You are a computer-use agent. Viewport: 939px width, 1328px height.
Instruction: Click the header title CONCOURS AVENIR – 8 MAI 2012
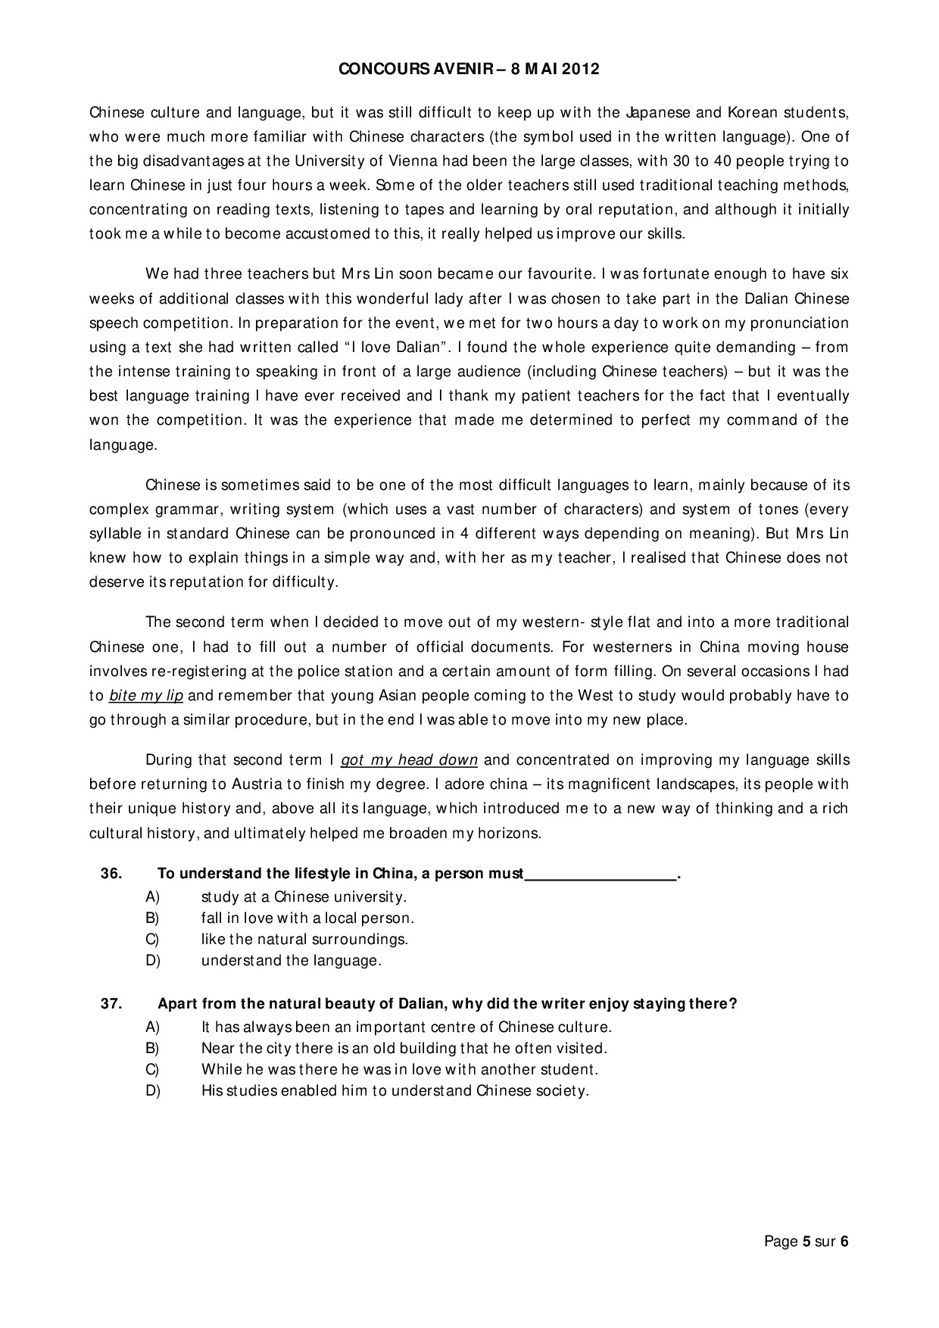pos(469,69)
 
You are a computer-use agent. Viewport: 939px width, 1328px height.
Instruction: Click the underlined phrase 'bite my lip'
pos(146,695)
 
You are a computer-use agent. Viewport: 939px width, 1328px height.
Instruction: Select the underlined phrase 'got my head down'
pos(409,759)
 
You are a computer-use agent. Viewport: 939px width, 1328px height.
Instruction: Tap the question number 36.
pos(111,873)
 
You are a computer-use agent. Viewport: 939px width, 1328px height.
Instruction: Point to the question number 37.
pos(111,1003)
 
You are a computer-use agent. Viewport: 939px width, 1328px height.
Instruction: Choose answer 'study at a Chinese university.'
pos(304,897)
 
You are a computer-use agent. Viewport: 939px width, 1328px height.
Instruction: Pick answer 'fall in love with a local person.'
pos(307,918)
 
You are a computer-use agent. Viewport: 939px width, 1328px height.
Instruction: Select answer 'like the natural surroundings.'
pos(304,940)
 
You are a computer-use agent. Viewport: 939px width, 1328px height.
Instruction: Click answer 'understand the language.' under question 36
pos(291,961)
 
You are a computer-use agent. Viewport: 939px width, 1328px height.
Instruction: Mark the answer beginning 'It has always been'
pos(406,1027)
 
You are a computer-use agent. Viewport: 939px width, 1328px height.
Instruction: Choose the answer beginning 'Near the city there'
pos(404,1049)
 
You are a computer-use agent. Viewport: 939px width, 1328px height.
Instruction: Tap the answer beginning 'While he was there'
pos(400,1070)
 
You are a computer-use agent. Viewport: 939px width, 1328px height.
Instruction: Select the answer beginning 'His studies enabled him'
pos(395,1091)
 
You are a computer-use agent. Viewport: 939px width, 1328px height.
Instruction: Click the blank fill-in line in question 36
pos(601,875)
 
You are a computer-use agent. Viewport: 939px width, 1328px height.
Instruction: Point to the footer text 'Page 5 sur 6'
pos(806,1241)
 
